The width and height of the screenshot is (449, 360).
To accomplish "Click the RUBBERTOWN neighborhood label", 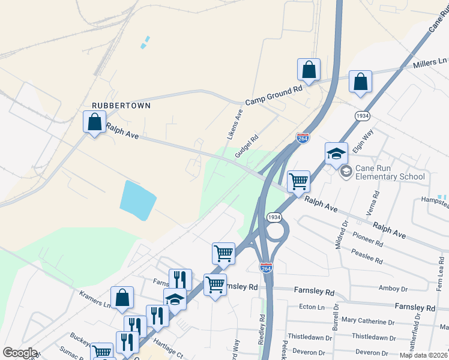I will [121, 105].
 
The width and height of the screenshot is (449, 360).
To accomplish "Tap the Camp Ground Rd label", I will [274, 96].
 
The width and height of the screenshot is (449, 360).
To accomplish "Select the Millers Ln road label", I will [430, 62].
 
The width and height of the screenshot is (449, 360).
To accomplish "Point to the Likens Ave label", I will [235, 124].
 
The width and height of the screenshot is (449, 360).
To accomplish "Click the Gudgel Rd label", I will [246, 146].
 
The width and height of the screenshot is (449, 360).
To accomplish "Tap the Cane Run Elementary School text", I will [390, 172].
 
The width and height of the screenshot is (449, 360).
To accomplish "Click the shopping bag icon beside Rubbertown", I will [95, 122].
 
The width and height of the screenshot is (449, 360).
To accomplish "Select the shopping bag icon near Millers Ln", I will [360, 82].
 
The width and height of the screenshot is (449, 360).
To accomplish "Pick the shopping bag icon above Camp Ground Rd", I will [309, 70].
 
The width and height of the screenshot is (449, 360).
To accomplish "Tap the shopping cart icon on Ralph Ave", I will [298, 181].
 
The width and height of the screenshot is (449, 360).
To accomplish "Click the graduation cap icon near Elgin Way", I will [336, 154].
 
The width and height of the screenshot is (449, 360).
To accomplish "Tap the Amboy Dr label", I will [393, 288].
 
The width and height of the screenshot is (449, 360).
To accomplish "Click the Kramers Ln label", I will [95, 299].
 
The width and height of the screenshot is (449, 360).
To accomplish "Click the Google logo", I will [19, 353].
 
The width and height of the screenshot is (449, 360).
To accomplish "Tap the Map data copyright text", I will [424, 355].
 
